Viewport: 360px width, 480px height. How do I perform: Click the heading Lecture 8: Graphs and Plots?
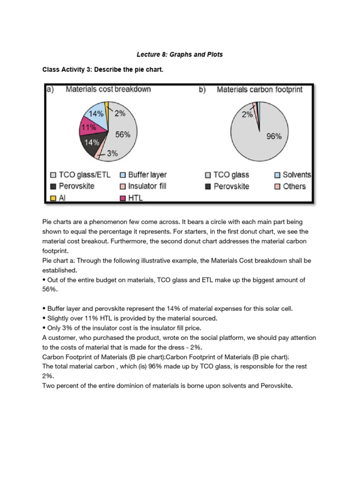[180, 54]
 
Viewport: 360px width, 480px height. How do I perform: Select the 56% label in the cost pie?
[122, 134]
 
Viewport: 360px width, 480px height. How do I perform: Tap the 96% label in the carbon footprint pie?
[274, 136]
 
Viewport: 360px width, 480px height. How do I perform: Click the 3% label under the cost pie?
[112, 153]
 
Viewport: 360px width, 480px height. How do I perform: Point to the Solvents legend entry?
[292, 174]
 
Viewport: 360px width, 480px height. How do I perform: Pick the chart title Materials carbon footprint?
[259, 89]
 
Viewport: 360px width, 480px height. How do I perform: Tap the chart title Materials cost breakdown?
[108, 89]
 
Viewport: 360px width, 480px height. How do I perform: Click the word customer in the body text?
[63, 337]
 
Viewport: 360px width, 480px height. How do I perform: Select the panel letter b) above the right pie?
[202, 89]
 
